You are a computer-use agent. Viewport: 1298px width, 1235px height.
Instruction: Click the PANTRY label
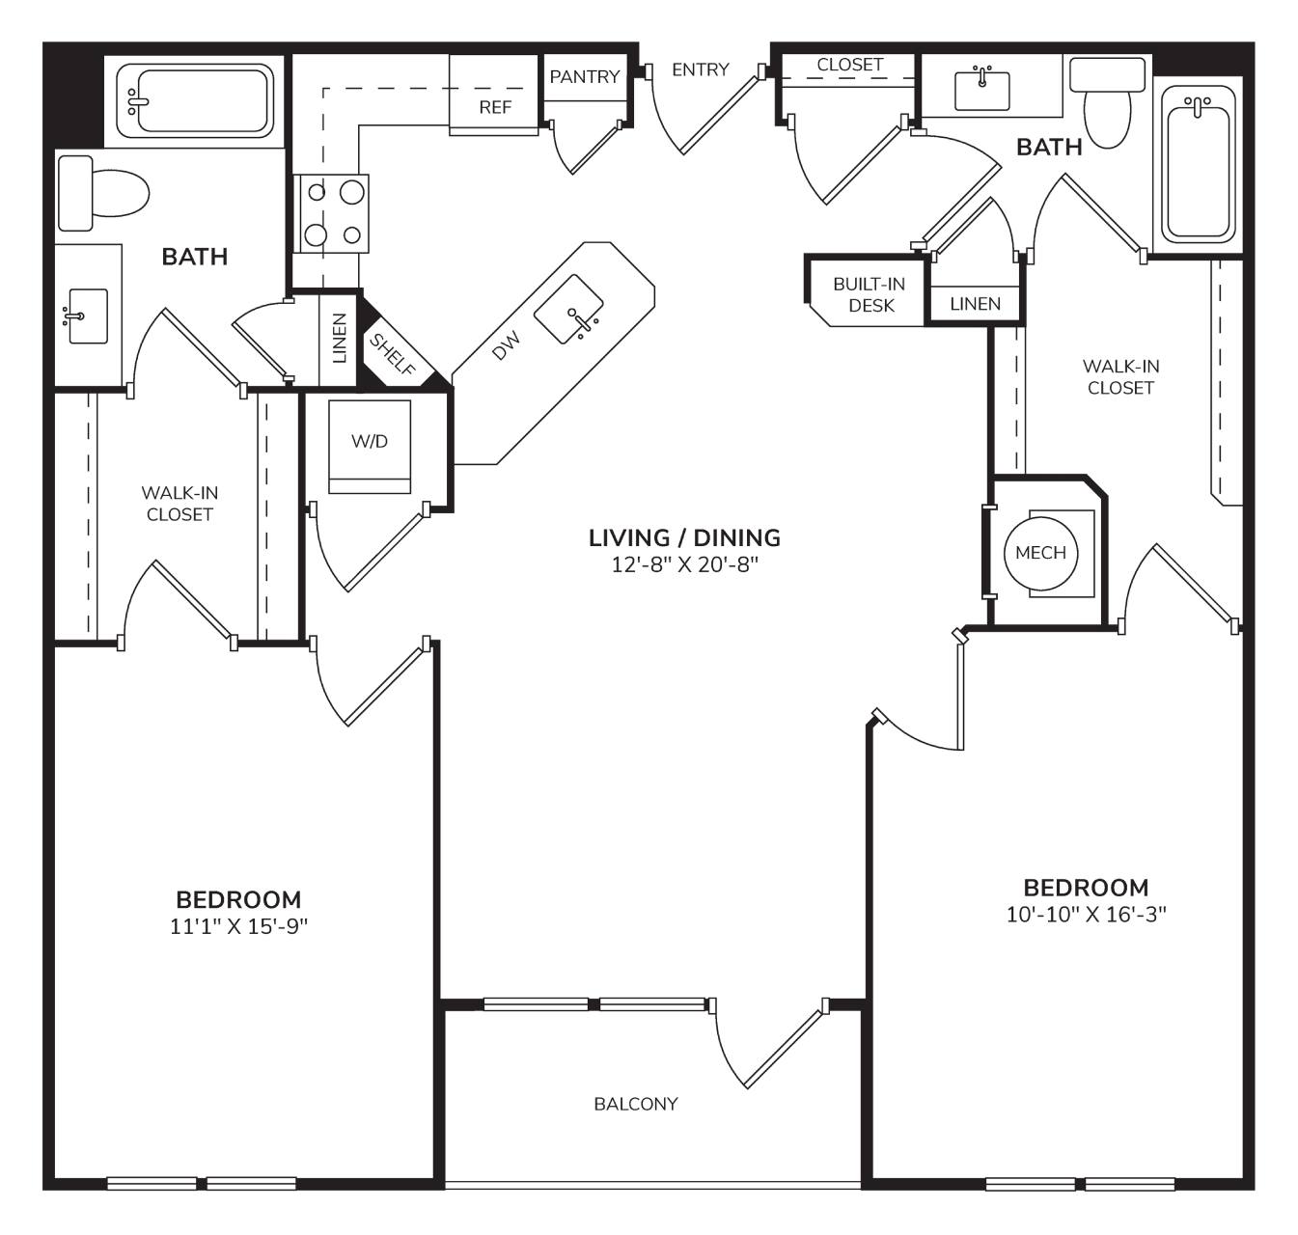[x=584, y=77]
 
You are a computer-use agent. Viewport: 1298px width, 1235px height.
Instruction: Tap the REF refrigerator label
[x=495, y=107]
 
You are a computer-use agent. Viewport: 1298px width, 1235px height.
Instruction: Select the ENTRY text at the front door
[x=701, y=69]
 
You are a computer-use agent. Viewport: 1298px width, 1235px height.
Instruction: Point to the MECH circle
[x=1040, y=553]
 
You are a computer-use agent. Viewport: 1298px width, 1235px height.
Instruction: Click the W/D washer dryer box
[x=370, y=446]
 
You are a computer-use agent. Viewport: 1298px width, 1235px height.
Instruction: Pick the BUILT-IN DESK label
[x=870, y=294]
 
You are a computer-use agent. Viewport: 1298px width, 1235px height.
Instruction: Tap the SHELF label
[x=392, y=354]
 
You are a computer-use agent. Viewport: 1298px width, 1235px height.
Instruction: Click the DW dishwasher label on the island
[x=507, y=345]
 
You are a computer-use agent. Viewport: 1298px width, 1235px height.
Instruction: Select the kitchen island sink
[x=568, y=309]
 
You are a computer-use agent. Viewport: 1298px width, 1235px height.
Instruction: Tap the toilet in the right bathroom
[x=1107, y=101]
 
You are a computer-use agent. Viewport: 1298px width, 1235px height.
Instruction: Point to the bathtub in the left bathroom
[x=195, y=101]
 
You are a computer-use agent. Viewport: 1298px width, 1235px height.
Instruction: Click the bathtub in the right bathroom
[x=1199, y=164]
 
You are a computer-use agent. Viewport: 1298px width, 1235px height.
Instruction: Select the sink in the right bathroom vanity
[x=982, y=91]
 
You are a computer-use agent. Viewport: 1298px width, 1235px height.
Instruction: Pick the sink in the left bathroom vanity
[x=87, y=316]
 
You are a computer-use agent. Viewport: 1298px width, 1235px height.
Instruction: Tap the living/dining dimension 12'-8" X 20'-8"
[x=684, y=565]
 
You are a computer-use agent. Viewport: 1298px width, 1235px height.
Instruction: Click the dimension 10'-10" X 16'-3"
[x=1086, y=915]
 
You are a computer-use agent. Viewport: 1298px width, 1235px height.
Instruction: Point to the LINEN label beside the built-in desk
[x=975, y=304]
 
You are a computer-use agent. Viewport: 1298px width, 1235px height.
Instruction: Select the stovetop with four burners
[x=331, y=213]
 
